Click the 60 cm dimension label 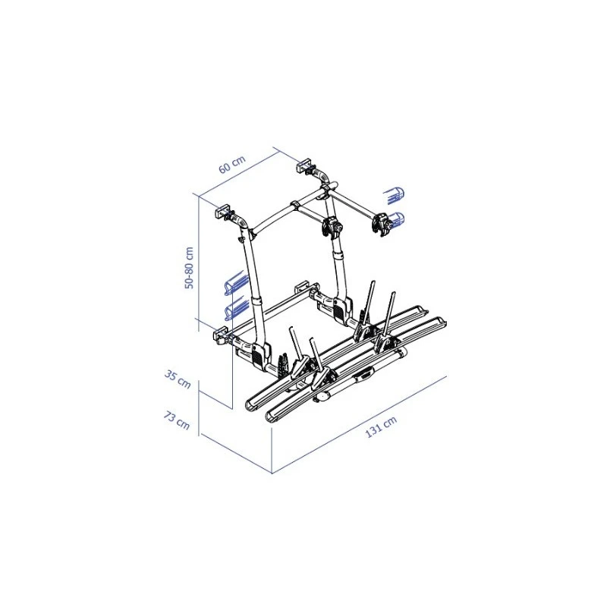pos(232,164)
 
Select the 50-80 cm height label pos(189,268)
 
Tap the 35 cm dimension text pos(178,379)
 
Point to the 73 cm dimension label pos(177,421)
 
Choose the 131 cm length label pos(381,427)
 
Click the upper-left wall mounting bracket pos(223,212)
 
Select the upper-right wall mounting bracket pos(304,165)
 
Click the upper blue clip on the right pos(394,196)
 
